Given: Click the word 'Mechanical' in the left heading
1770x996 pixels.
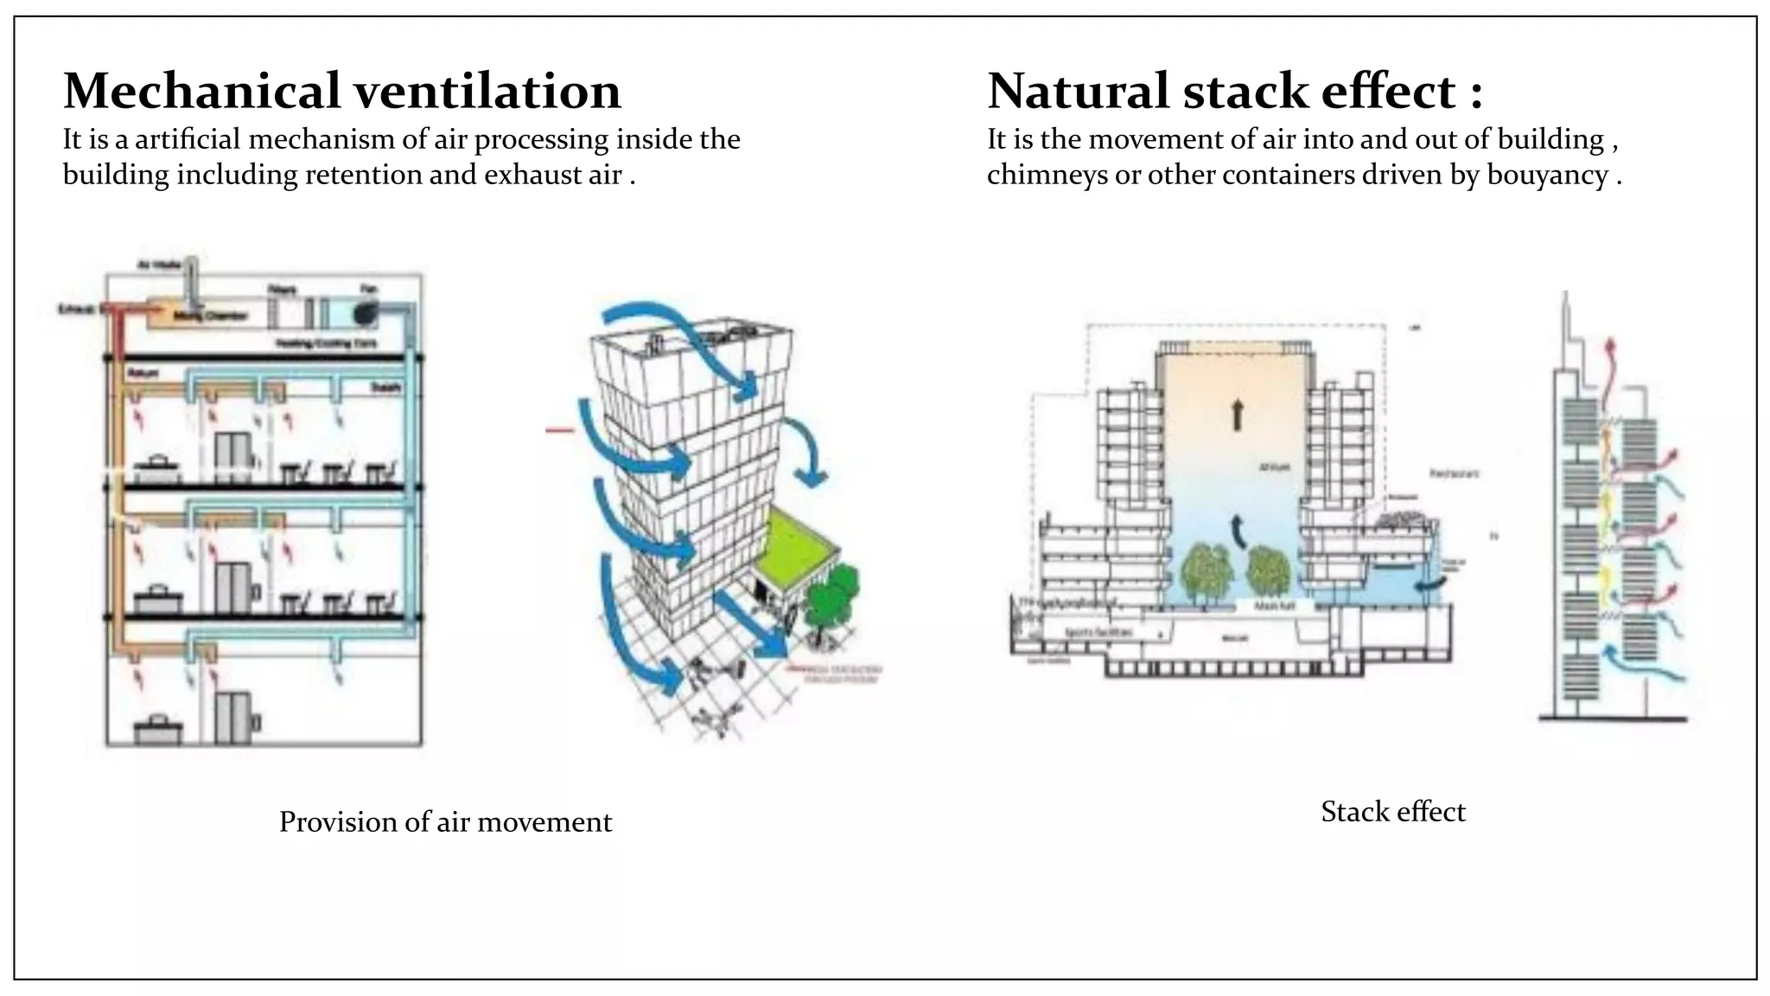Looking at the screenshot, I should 201,91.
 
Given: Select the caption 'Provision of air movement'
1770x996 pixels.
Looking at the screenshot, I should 445,821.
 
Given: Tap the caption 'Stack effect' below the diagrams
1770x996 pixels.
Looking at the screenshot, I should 1392,812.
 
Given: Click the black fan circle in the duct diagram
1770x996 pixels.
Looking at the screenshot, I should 366,313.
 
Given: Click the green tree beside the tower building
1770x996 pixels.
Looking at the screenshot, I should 831,597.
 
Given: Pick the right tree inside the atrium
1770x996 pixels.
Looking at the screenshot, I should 1269,571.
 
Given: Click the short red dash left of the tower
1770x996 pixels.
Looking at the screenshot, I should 560,430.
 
